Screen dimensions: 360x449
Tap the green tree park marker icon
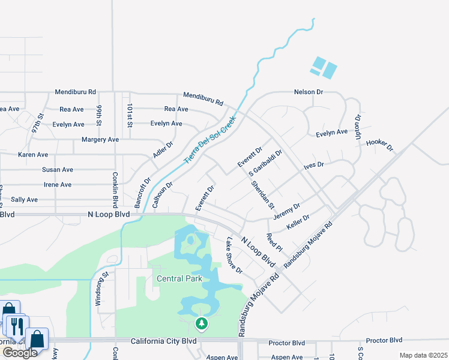(x=202, y=325)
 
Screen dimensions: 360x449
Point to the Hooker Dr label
(x=379, y=144)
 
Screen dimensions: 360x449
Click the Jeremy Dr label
(x=286, y=211)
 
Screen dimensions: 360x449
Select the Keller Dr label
(x=298, y=222)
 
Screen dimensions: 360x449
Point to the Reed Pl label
(x=274, y=242)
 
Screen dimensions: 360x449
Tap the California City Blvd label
(x=164, y=341)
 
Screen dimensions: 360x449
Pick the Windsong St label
(x=98, y=289)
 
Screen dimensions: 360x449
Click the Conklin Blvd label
(x=115, y=190)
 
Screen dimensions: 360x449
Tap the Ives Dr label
(x=313, y=164)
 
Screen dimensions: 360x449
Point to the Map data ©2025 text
(x=423, y=355)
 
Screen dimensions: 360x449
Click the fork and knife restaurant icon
(x=16, y=326)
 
